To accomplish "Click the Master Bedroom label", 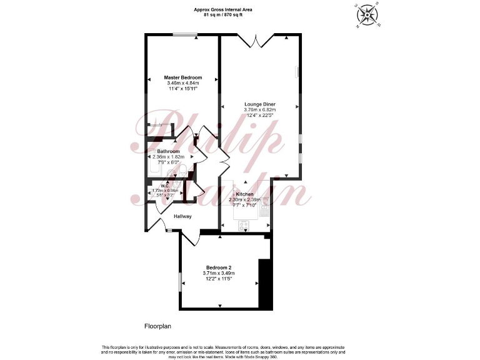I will (182, 77).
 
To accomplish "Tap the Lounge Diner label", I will (260, 104).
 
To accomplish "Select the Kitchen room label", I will (244, 194).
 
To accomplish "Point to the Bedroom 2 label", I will (219, 267).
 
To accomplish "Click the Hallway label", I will (183, 216).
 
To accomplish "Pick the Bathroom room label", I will (169, 151).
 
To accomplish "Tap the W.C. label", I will (166, 185).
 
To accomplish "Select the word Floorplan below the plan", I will (157, 326).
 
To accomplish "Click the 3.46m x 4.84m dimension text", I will (182, 83).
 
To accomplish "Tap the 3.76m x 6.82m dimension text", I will (260, 109).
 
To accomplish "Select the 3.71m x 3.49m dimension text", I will (219, 273).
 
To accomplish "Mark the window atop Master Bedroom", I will (182, 34).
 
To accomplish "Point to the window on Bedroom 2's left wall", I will (180, 281).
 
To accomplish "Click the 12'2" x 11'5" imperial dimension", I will (219, 279).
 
